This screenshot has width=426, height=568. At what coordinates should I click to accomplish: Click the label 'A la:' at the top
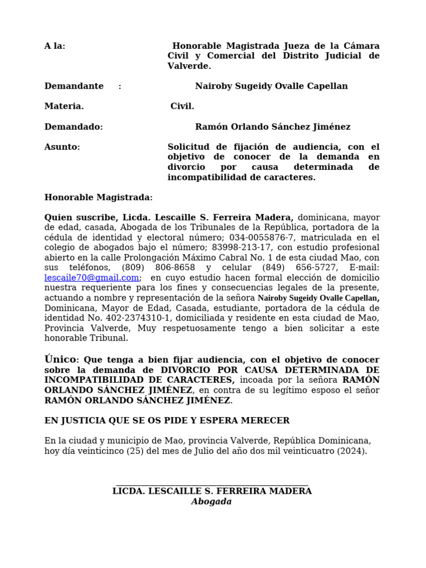[54, 46]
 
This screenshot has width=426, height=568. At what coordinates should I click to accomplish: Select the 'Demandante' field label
[74, 86]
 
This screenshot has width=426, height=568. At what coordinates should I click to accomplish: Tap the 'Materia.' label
[64, 106]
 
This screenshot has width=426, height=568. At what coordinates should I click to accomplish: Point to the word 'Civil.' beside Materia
[182, 106]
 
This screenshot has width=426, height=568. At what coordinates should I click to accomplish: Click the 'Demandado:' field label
[73, 127]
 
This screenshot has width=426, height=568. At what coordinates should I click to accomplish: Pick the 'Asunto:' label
[62, 147]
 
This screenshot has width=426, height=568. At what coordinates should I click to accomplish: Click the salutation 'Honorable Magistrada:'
[98, 197]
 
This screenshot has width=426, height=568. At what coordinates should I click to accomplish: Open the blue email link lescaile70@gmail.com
[92, 278]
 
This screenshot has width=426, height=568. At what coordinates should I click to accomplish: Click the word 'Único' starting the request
[59, 359]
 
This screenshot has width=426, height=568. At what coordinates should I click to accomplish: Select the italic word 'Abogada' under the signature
[211, 501]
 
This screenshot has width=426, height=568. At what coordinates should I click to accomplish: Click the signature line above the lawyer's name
[211, 485]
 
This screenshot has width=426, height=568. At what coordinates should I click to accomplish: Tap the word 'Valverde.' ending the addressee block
[189, 66]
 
